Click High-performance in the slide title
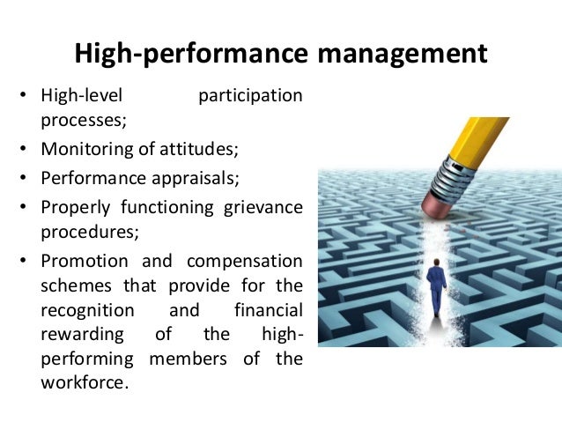tap(191, 55)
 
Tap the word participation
tap(250, 95)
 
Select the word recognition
tap(87, 311)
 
